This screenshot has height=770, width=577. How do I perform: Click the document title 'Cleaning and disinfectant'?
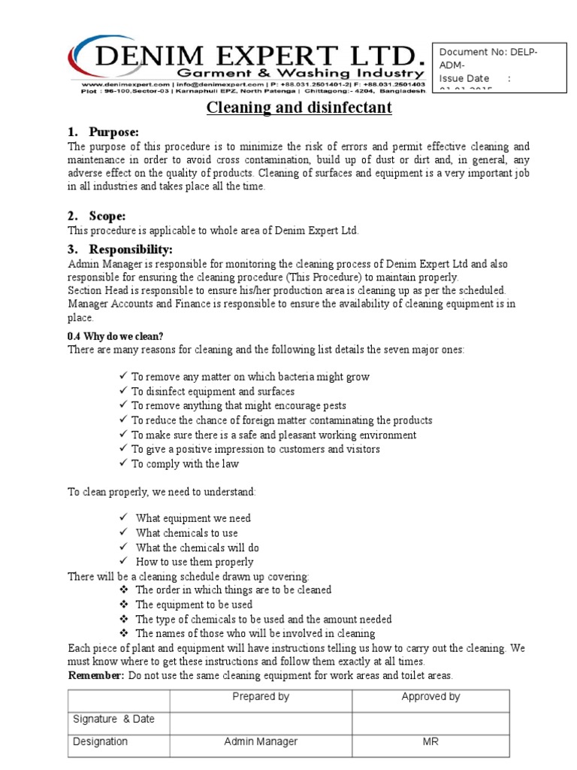[299, 108]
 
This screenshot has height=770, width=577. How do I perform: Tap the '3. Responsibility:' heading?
[120, 249]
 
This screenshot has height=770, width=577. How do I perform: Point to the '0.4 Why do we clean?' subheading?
[115, 336]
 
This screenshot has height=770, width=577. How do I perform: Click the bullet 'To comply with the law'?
[185, 464]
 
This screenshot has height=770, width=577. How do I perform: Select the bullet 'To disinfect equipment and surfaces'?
[213, 392]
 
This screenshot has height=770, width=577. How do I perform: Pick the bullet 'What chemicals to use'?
[186, 533]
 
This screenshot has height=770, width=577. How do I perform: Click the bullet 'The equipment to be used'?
[194, 605]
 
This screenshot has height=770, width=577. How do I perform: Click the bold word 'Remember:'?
[96, 675]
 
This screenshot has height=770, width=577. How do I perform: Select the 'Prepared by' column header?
[261, 697]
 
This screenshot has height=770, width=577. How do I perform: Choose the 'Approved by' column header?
[430, 697]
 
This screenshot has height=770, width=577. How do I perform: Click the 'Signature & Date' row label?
[113, 719]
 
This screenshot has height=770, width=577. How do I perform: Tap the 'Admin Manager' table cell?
[261, 741]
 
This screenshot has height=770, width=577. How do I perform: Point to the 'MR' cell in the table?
[430, 741]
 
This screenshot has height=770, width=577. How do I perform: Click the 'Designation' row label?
[100, 741]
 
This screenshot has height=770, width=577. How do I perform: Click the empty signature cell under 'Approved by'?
[430, 720]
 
